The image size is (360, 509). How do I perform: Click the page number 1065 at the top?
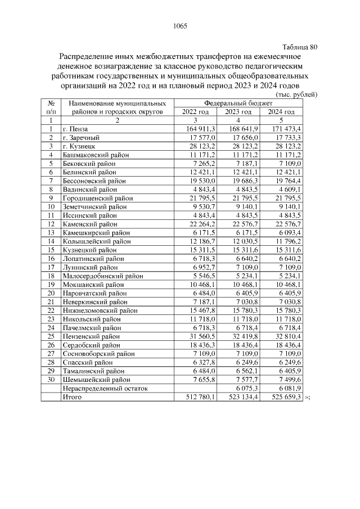pyautogui.click(x=179, y=26)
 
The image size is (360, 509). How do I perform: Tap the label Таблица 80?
pyautogui.click(x=299, y=47)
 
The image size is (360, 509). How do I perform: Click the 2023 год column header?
pyautogui.click(x=237, y=112)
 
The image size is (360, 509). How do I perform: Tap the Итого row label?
pyautogui.click(x=71, y=397)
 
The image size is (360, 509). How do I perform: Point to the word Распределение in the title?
pyautogui.click(x=87, y=56)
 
